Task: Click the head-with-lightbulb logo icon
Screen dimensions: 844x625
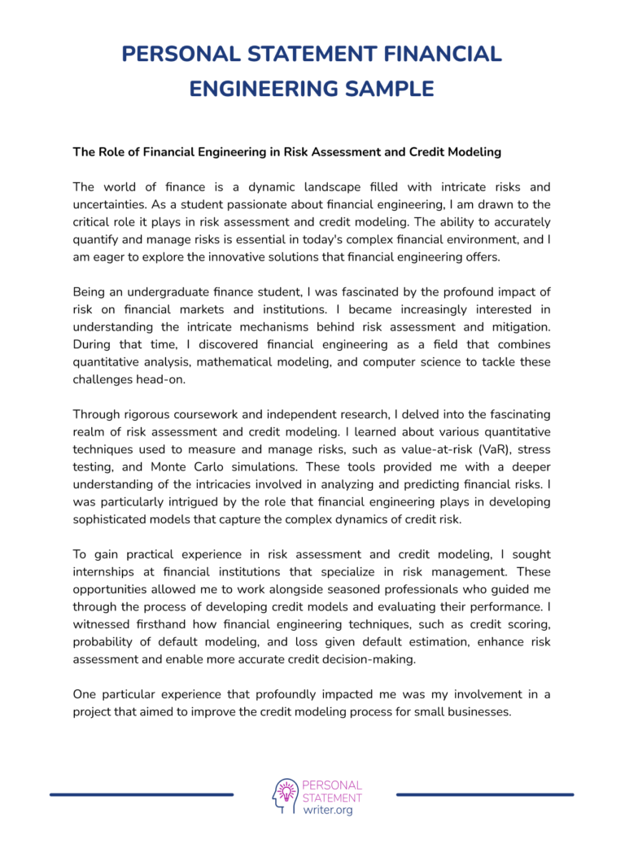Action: pyautogui.click(x=286, y=795)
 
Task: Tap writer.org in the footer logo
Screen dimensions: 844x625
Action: pyautogui.click(x=327, y=811)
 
